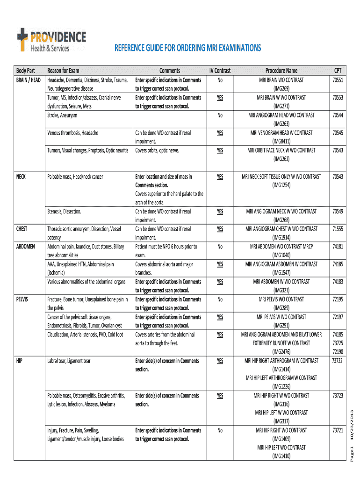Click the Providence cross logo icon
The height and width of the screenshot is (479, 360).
tap(22, 39)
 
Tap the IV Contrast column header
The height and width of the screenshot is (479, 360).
tap(219, 71)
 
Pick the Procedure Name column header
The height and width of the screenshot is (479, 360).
tap(281, 71)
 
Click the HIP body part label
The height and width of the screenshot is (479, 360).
tap(19, 361)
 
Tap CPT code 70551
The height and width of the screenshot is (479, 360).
tap(338, 80)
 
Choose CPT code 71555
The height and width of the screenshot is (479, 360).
tap(338, 229)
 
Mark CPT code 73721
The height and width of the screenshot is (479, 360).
tap(338, 430)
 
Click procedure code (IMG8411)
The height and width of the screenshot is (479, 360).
tap(281, 141)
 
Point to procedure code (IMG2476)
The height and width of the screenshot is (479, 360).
tap(281, 352)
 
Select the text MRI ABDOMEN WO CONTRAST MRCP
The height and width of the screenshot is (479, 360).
tap(281, 247)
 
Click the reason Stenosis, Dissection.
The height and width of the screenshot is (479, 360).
tap(64, 211)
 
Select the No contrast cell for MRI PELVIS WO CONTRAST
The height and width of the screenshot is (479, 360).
tap(219, 299)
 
